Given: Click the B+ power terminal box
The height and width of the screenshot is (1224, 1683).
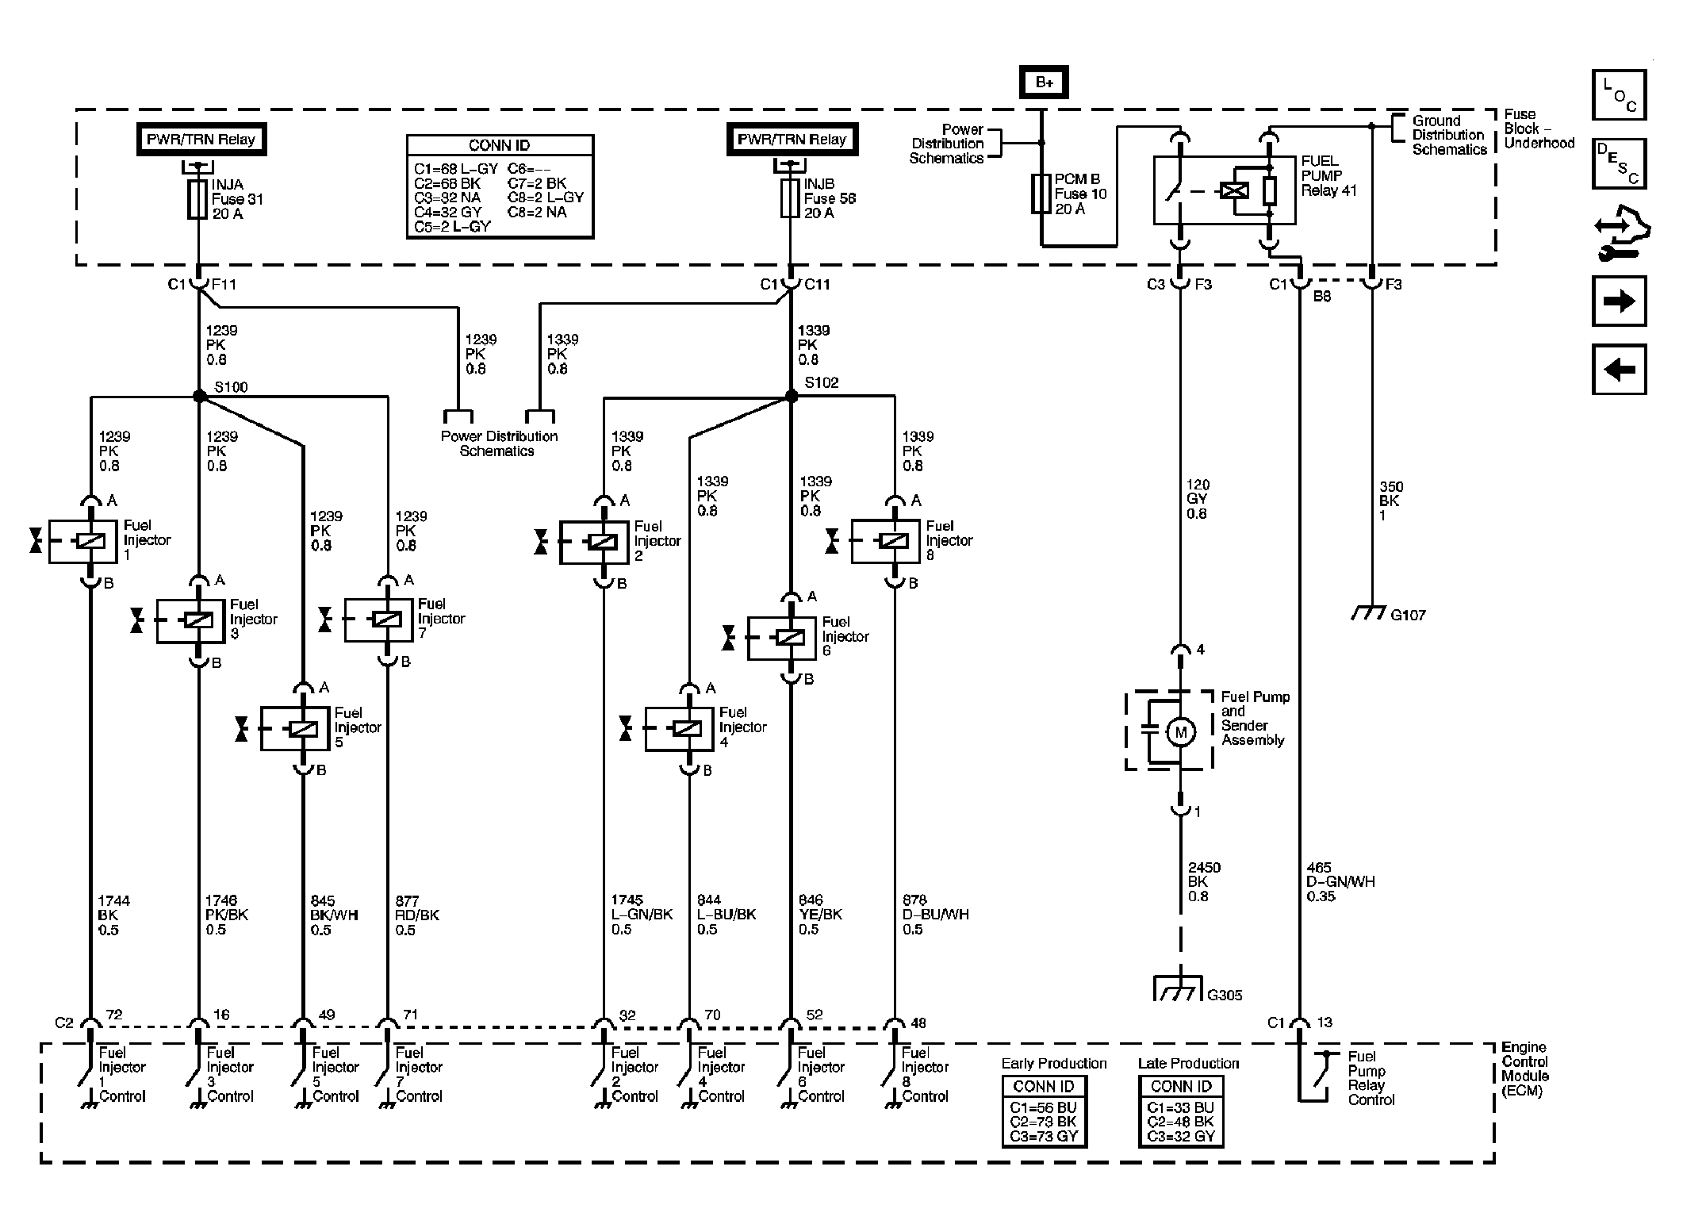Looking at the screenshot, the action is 1044,82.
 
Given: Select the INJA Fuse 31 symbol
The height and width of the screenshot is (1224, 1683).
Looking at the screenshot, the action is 197,199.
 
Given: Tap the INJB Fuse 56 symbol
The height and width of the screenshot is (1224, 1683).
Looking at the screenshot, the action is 790,198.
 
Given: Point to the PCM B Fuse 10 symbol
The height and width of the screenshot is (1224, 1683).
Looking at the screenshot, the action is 1041,194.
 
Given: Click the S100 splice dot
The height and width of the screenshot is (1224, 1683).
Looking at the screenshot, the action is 199,396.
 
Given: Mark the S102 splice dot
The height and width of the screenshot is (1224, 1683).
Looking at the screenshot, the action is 791,396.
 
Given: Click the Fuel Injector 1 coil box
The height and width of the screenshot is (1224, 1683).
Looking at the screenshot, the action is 82,541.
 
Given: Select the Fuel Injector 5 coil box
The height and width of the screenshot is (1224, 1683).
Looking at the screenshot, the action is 294,728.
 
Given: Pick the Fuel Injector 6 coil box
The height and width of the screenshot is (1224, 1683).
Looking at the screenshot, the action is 781,638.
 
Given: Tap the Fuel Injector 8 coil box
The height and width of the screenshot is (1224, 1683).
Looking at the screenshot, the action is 885,542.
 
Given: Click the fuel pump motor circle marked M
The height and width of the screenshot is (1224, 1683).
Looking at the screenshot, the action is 1180,732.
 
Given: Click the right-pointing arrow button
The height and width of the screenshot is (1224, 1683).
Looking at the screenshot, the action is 1619,301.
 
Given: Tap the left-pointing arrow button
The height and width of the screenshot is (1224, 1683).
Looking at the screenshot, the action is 1619,369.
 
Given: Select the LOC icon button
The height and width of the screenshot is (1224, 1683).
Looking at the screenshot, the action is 1619,94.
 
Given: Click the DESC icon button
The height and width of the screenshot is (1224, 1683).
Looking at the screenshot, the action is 1619,163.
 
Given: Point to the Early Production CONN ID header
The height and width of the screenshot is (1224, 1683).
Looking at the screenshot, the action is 1044,1086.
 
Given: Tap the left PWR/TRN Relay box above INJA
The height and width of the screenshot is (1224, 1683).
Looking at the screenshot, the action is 201,140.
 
